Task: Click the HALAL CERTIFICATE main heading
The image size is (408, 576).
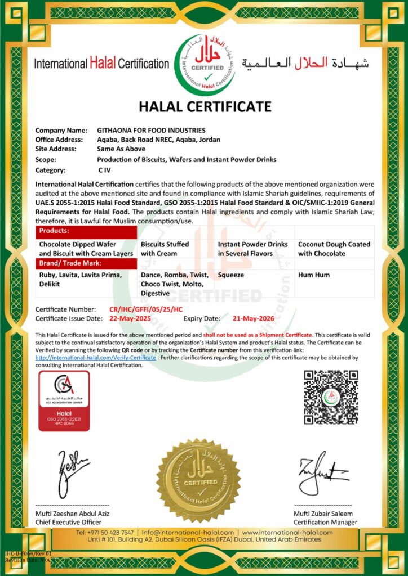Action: (x=205, y=106)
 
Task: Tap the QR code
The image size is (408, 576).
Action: (x=331, y=397)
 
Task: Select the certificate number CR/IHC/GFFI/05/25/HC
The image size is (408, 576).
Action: (x=146, y=309)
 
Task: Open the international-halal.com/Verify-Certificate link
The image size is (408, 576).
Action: (x=95, y=358)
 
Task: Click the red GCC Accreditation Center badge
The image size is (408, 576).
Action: (x=64, y=401)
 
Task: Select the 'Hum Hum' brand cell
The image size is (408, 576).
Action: (x=314, y=275)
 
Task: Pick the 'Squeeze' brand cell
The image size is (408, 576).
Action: (x=231, y=275)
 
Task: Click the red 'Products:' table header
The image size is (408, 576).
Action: (x=87, y=231)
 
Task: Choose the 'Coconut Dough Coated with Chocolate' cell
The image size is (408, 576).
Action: (x=334, y=249)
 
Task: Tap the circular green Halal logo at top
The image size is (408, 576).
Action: (x=205, y=65)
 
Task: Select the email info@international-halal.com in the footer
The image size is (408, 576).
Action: (x=188, y=532)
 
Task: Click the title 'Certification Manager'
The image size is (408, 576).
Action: (x=325, y=522)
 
